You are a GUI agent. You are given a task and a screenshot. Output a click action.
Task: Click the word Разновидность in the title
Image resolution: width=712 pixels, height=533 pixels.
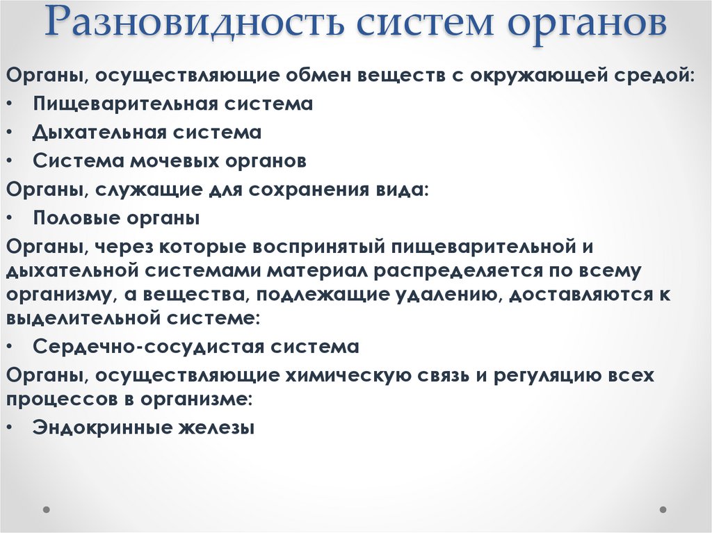pyautogui.click(x=197, y=25)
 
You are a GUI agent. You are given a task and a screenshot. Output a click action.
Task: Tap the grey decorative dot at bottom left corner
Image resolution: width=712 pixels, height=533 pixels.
pyautogui.click(x=47, y=509)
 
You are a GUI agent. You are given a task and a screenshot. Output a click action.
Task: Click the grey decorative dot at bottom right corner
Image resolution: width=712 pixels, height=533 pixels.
pyautogui.click(x=663, y=509)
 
